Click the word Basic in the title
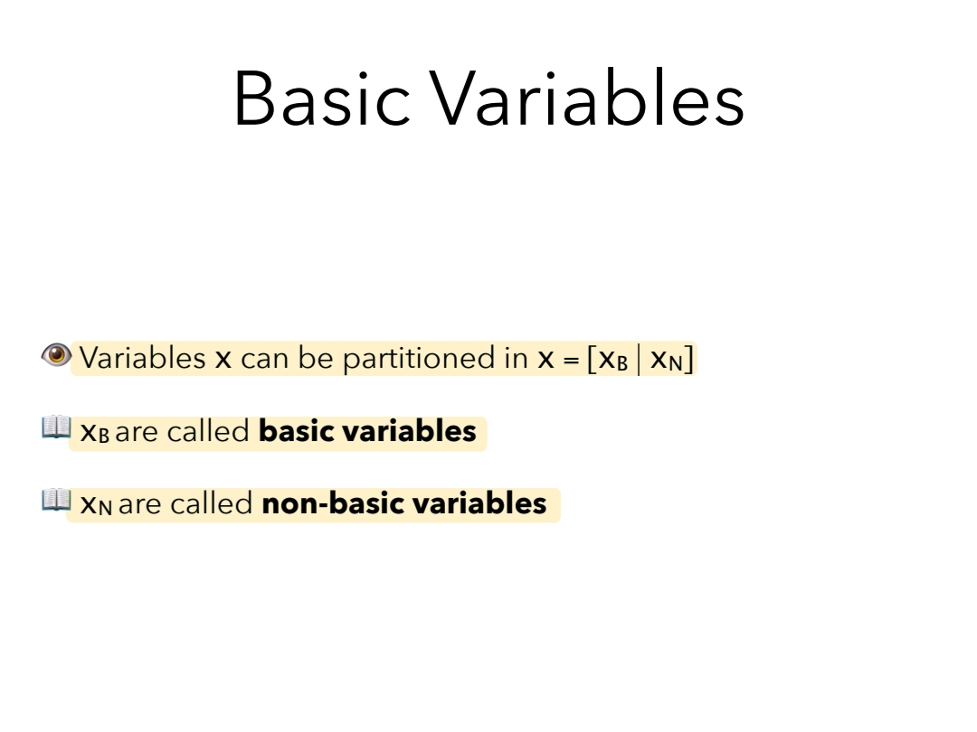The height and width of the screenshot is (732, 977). pyautogui.click(x=321, y=99)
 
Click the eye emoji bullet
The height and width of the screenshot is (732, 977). pyautogui.click(x=56, y=355)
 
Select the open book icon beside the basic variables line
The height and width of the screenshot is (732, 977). pyautogui.click(x=57, y=427)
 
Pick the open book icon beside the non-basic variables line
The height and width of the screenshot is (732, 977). pyautogui.click(x=57, y=500)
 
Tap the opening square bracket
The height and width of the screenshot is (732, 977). pyautogui.click(x=592, y=359)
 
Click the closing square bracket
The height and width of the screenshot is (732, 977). pyautogui.click(x=688, y=359)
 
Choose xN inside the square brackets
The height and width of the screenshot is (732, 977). pyautogui.click(x=666, y=360)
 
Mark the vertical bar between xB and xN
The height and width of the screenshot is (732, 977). pyautogui.click(x=639, y=360)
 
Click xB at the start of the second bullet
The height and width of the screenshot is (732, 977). pyautogui.click(x=95, y=432)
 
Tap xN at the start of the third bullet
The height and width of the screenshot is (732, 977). pyautogui.click(x=97, y=504)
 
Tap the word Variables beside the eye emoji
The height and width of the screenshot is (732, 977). pyautogui.click(x=143, y=358)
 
